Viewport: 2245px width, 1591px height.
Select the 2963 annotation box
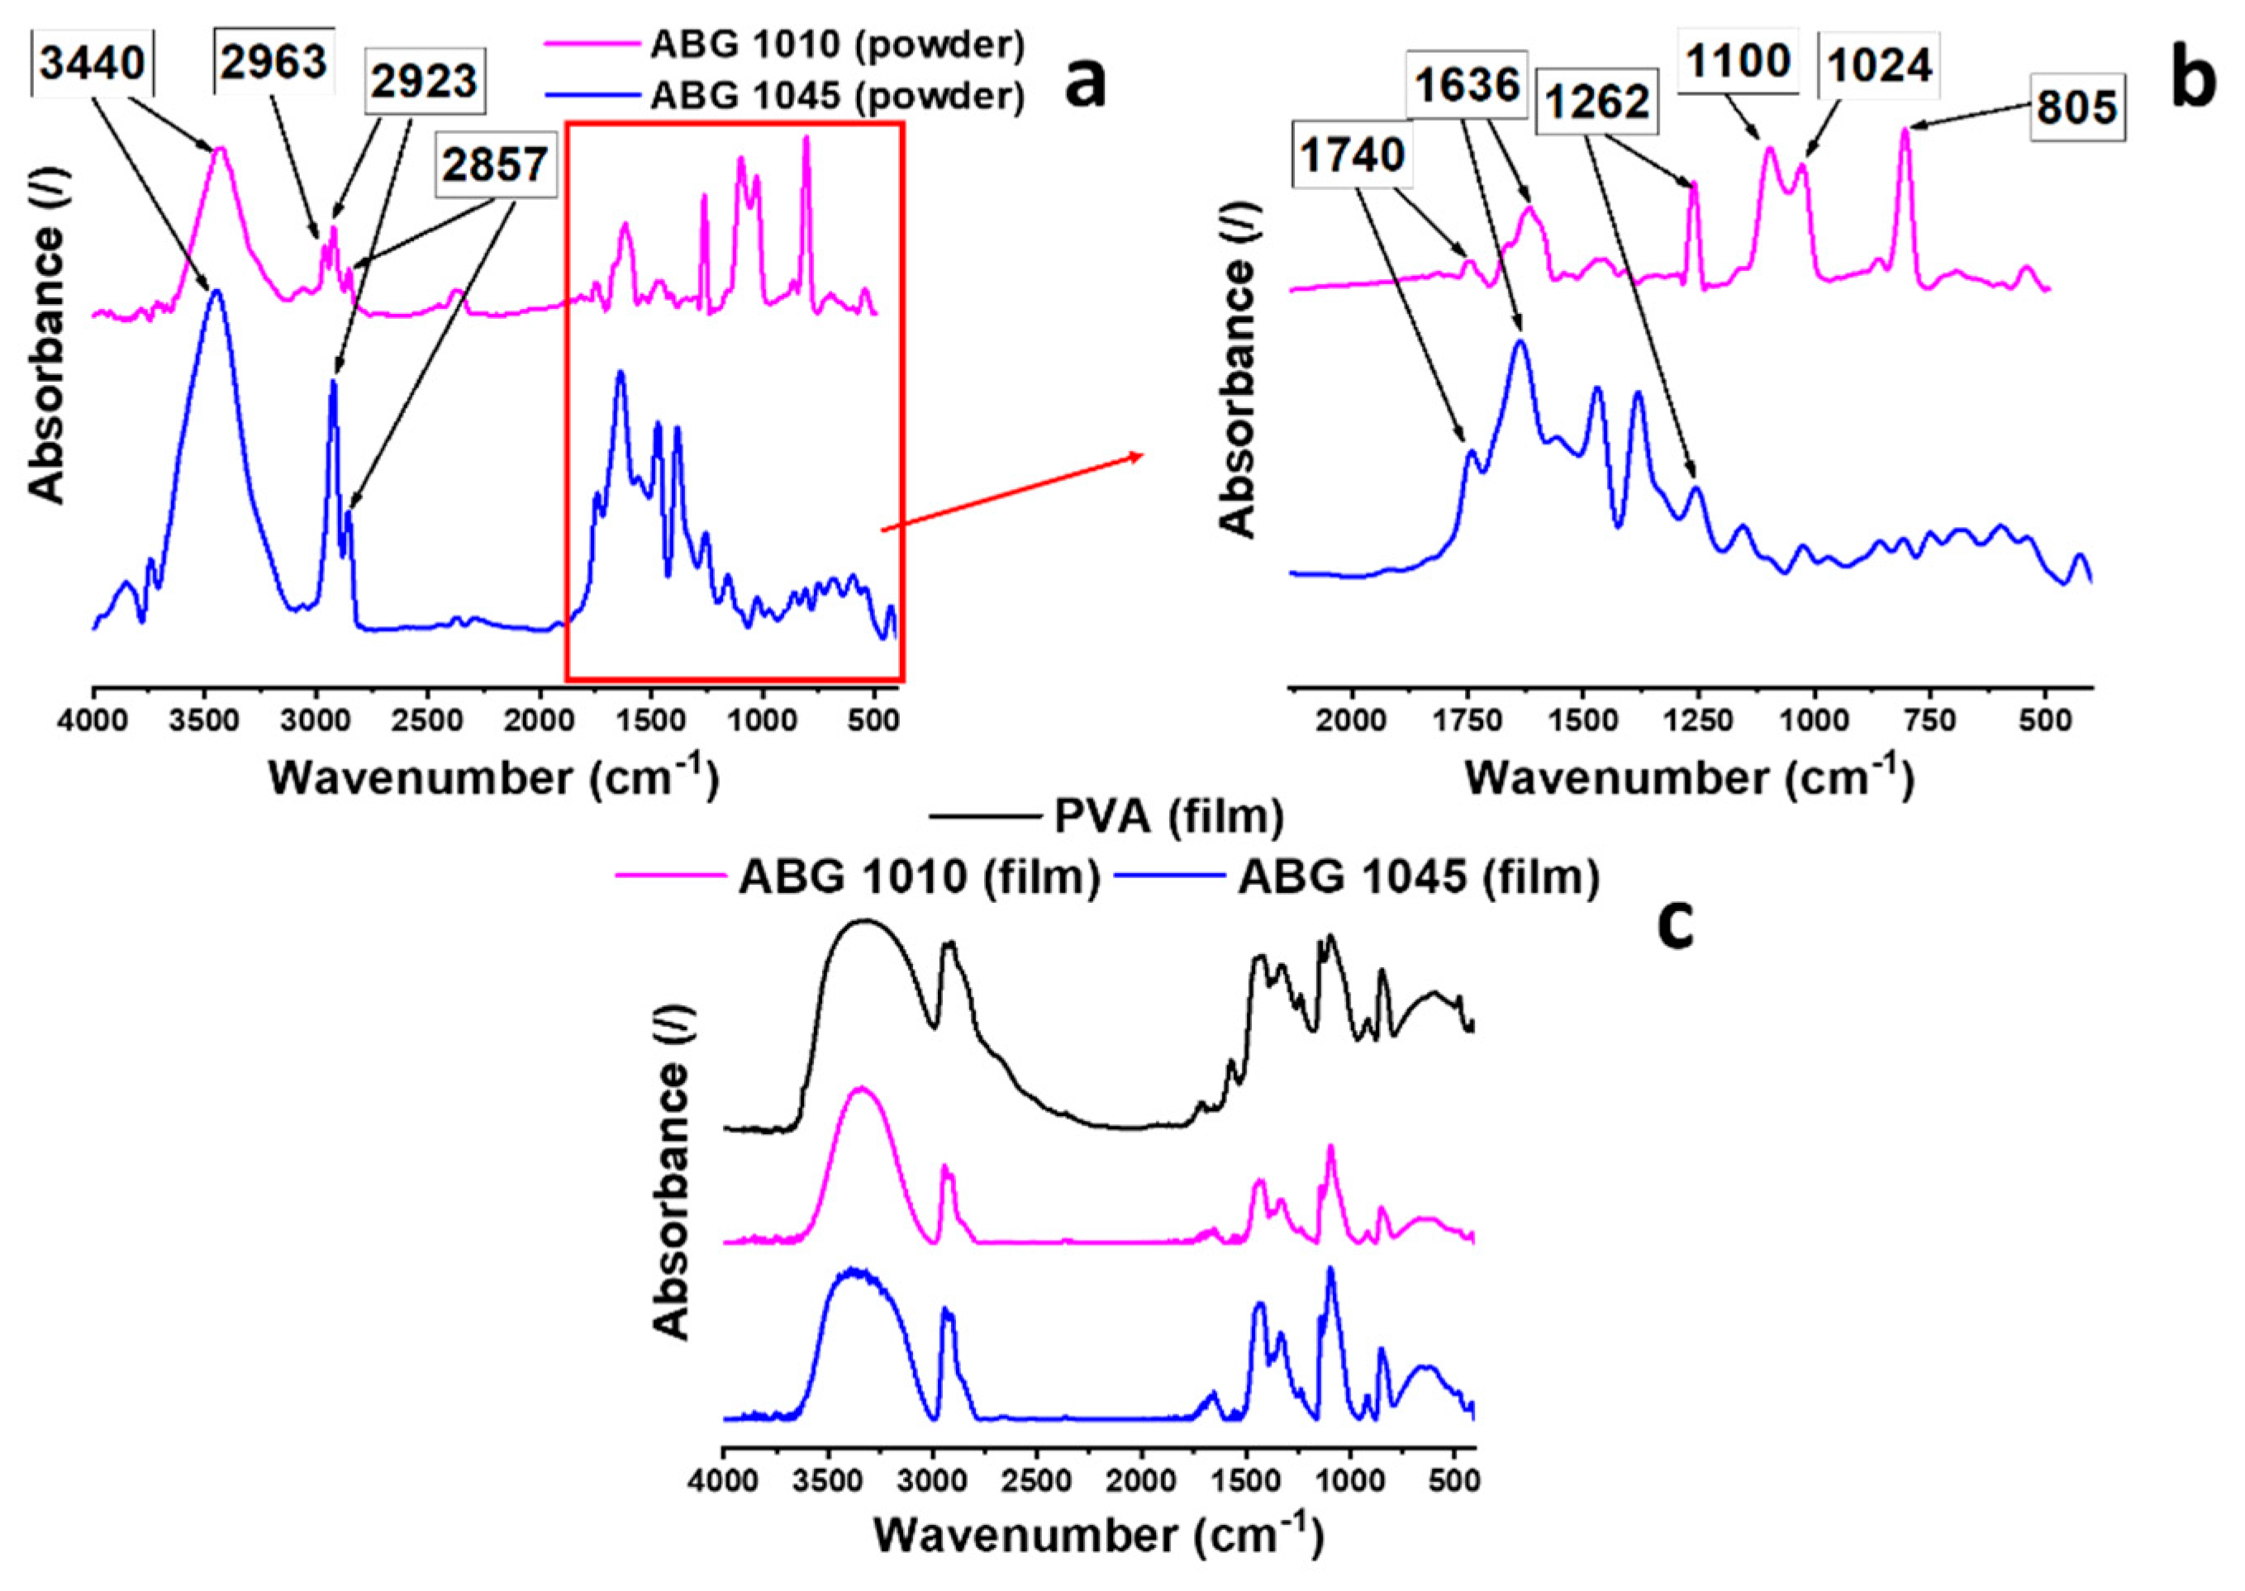point(273,62)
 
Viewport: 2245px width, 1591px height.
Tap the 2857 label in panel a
point(494,163)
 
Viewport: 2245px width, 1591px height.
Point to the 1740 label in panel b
point(1353,154)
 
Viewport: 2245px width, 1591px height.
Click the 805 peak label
point(2077,107)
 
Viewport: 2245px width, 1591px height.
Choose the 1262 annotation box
point(1598,101)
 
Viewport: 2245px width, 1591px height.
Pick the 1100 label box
point(1738,62)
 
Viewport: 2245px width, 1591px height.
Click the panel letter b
point(2192,83)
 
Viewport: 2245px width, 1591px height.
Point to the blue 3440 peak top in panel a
point(216,291)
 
